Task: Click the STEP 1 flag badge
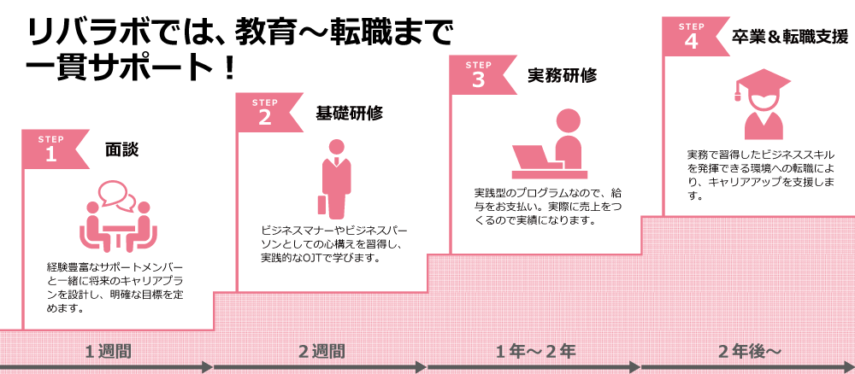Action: click(x=54, y=149)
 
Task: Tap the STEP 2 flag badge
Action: click(x=267, y=112)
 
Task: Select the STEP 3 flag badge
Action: click(x=480, y=74)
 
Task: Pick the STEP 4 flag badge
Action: click(x=693, y=37)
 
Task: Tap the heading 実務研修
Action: click(x=562, y=75)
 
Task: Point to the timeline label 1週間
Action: click(x=108, y=350)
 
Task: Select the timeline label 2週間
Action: click(x=321, y=350)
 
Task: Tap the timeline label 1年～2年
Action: click(x=535, y=350)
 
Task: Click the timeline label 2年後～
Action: click(x=749, y=350)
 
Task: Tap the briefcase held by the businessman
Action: click(x=322, y=205)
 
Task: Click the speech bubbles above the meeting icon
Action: click(x=117, y=195)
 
